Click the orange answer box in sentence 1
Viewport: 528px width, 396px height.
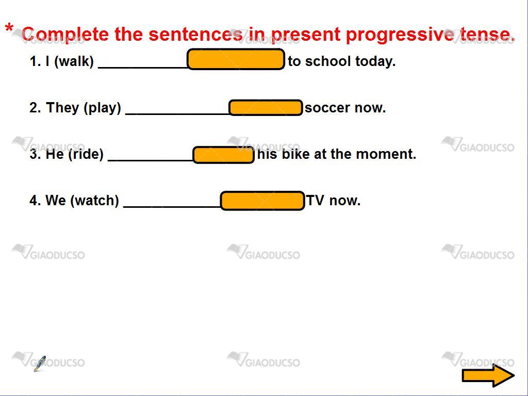point(236,59)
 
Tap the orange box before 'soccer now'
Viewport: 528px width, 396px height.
point(266,108)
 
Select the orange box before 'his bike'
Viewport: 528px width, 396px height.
point(224,155)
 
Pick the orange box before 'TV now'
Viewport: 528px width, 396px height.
point(262,201)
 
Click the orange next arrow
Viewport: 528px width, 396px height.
point(488,375)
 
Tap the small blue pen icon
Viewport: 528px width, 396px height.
point(40,364)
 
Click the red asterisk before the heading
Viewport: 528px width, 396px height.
point(9,29)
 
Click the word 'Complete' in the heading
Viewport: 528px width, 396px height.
point(65,35)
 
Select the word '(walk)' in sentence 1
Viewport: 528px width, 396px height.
point(74,62)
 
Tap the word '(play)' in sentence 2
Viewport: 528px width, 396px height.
point(103,108)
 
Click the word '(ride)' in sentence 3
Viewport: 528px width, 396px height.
point(86,154)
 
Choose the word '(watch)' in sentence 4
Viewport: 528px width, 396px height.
point(95,201)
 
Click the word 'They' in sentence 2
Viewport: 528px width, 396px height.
point(62,108)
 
